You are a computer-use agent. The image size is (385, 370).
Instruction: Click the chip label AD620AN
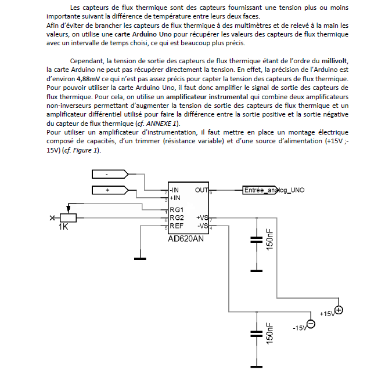[186, 238]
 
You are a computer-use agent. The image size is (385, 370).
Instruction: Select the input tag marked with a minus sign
[111, 174]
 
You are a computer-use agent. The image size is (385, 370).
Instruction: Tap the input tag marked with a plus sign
[111, 190]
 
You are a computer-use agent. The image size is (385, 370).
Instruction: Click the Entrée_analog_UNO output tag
[273, 190]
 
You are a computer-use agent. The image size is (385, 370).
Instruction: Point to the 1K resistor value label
[63, 227]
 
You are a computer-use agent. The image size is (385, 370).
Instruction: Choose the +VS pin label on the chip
[202, 218]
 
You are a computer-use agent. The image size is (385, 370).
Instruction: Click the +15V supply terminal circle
[339, 310]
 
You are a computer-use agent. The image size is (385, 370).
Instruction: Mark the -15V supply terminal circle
[311, 324]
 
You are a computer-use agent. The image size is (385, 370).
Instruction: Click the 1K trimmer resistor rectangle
[68, 217]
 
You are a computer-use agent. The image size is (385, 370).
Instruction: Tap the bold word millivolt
[333, 61]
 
